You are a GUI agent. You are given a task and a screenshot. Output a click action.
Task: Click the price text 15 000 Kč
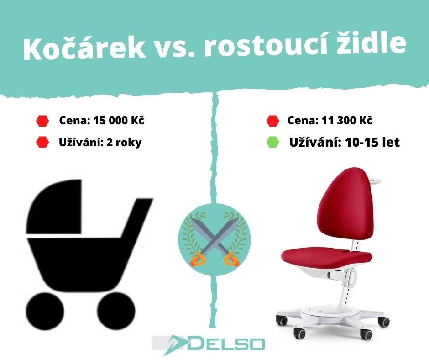(x=119, y=121)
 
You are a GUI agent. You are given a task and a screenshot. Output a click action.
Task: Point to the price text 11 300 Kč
(x=347, y=121)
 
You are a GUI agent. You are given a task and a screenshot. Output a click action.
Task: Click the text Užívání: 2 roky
(x=100, y=142)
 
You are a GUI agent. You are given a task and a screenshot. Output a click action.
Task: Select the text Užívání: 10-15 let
(x=345, y=142)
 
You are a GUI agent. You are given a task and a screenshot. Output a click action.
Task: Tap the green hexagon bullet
(x=272, y=142)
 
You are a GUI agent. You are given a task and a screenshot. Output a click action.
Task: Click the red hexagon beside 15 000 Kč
(x=42, y=121)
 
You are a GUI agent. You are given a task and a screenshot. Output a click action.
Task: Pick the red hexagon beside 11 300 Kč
(x=272, y=121)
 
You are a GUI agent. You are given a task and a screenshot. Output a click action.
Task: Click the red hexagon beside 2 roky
(x=42, y=142)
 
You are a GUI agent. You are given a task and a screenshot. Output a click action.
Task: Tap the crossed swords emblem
(x=214, y=239)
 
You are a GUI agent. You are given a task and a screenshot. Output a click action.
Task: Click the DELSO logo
(x=208, y=344)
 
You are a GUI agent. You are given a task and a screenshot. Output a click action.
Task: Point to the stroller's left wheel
(x=46, y=312)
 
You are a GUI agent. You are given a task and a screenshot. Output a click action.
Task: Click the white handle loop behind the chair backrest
(x=375, y=180)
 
